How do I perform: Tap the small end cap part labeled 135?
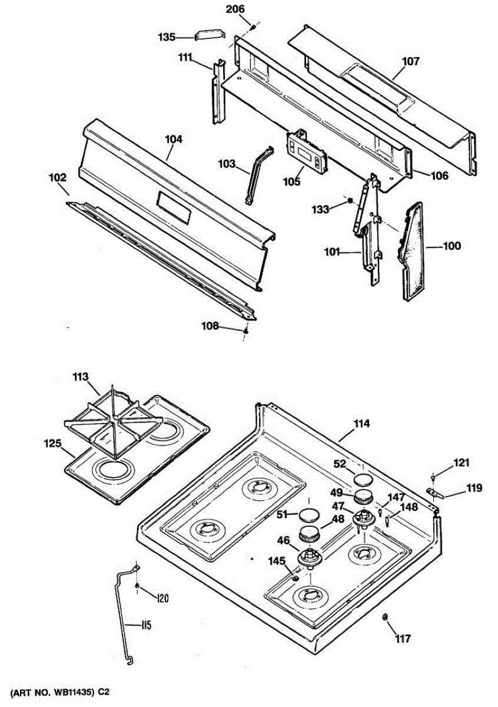[213, 35]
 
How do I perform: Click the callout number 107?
[411, 61]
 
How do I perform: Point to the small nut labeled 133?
[350, 201]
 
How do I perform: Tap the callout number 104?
[174, 140]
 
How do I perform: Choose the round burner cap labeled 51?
[308, 515]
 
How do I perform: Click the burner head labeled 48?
[310, 536]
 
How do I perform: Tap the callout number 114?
[361, 424]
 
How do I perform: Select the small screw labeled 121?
[434, 476]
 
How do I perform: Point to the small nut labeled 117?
[384, 617]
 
